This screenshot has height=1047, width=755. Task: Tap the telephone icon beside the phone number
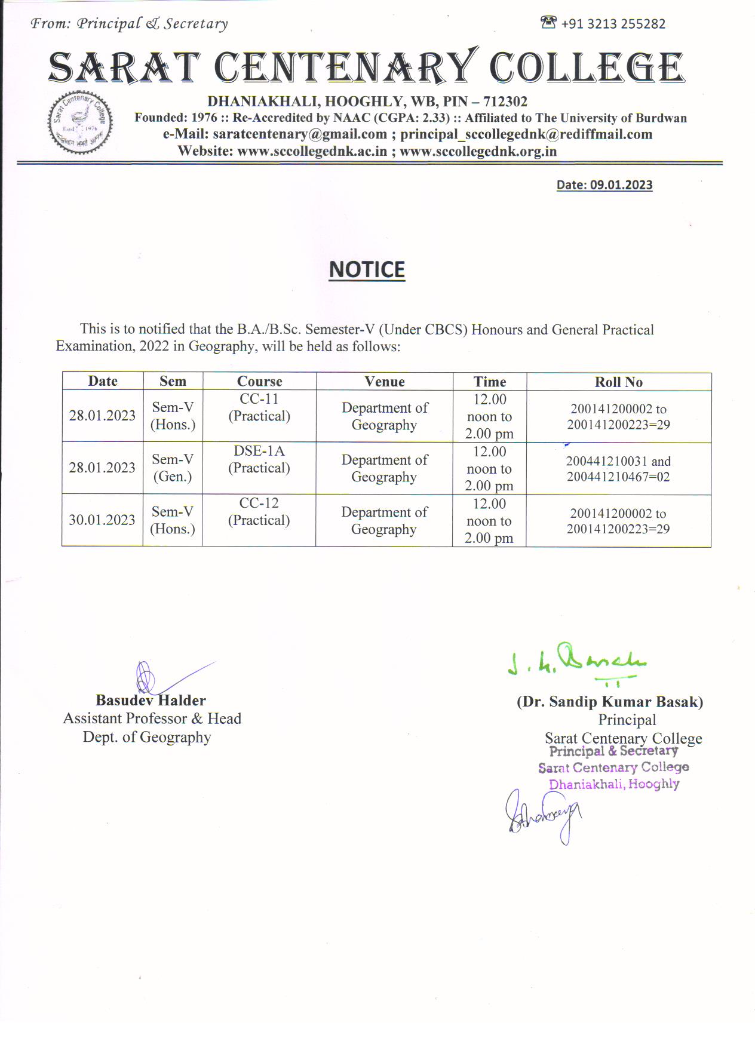[x=548, y=23]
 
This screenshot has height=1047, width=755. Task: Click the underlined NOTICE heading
[x=367, y=270]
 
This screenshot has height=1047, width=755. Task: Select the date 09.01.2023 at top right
[x=621, y=185]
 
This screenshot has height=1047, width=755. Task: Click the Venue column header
[x=385, y=382]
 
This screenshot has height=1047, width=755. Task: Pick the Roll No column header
[x=618, y=382]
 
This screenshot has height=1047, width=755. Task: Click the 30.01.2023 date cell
[x=102, y=520]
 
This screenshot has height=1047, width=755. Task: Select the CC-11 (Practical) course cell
[x=259, y=408]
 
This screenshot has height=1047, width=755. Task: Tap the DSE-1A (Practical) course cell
[x=259, y=460]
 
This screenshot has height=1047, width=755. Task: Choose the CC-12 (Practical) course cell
[x=259, y=512]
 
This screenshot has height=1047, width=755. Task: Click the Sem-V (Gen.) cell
[x=173, y=468]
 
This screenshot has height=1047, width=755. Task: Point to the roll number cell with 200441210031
[x=618, y=469]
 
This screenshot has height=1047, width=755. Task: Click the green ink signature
[x=576, y=662]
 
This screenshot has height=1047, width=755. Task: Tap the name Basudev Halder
[x=151, y=701]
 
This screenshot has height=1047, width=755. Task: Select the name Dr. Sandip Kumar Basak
[x=610, y=702]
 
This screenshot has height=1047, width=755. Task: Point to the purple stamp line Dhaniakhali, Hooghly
[x=614, y=784]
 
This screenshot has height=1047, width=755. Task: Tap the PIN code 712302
[x=505, y=102]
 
